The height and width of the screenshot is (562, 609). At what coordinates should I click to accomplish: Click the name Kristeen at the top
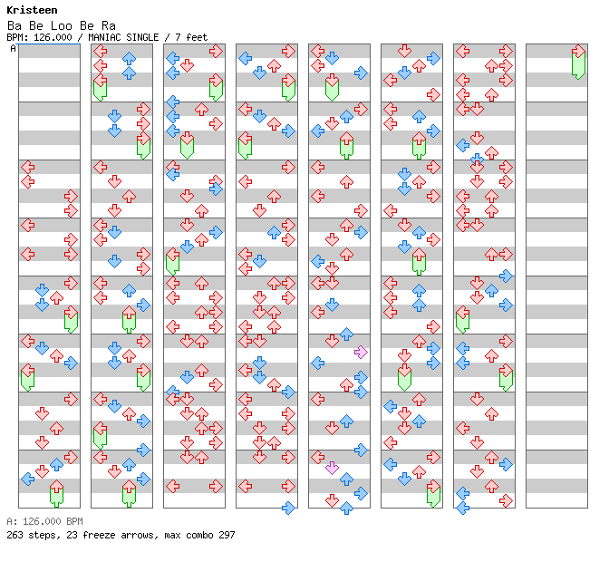[32, 10]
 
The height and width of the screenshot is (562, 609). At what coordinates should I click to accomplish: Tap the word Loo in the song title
[62, 26]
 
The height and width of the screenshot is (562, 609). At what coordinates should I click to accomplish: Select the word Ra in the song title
[109, 26]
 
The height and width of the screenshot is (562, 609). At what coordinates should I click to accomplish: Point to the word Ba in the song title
[14, 26]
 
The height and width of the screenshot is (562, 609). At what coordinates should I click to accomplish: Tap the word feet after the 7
[197, 37]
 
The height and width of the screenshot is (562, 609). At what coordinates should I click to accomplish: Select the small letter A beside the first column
[14, 49]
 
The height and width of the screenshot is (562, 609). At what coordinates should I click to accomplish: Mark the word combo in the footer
[198, 535]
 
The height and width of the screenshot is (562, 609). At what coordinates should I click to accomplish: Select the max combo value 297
[227, 535]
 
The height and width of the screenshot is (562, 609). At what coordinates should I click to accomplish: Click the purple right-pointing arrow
[361, 353]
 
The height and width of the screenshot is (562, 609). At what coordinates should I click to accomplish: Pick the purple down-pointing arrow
[332, 469]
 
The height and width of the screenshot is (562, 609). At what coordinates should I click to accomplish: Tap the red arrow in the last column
[579, 51]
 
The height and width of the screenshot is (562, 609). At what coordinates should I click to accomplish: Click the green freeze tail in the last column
[579, 66]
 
